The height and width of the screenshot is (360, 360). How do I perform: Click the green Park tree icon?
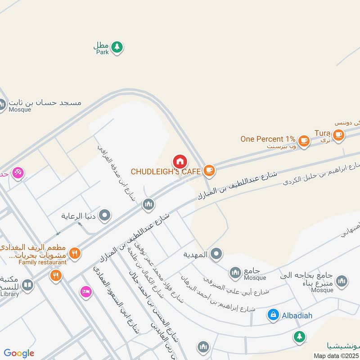pyautogui.click(x=117, y=47)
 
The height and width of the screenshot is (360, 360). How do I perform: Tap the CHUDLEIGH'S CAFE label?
pyautogui.click(x=166, y=171)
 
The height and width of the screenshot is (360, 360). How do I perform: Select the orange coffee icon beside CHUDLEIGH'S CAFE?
pyautogui.click(x=208, y=170)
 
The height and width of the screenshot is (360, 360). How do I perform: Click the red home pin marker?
pyautogui.click(x=180, y=161)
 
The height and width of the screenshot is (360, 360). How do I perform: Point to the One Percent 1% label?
pyautogui.click(x=268, y=139)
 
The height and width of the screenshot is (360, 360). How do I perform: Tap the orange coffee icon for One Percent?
pyautogui.click(x=304, y=140)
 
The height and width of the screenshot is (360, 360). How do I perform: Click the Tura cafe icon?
pyautogui.click(x=338, y=134)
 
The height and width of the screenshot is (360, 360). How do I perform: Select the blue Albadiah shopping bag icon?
pyautogui.click(x=273, y=315)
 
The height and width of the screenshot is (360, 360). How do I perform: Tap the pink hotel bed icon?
pyautogui.click(x=85, y=292)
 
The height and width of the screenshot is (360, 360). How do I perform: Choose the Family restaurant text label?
pyautogui.click(x=42, y=262)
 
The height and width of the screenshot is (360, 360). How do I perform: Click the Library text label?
pyautogui.click(x=9, y=294)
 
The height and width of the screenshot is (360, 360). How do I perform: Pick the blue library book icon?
pyautogui.click(x=27, y=285)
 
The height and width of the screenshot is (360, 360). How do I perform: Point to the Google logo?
pyautogui.click(x=19, y=353)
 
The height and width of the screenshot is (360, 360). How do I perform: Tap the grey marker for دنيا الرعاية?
pyautogui.click(x=104, y=216)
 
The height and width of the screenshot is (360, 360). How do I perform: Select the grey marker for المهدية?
pyautogui.click(x=216, y=254)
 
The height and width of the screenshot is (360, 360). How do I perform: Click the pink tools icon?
pyautogui.click(x=18, y=172)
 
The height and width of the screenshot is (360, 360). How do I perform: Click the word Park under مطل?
pyautogui.click(x=103, y=52)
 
